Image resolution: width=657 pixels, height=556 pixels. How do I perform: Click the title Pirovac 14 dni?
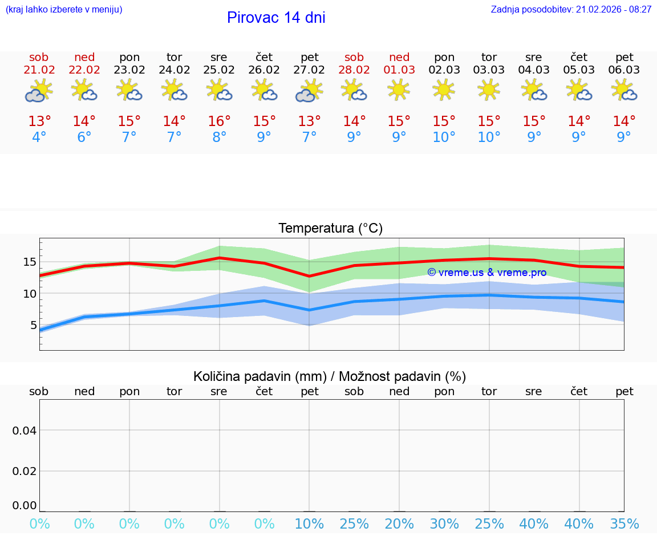[x=276, y=18]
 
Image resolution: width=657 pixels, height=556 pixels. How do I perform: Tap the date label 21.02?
[x=39, y=70]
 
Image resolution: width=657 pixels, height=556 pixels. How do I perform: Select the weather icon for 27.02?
[x=309, y=91]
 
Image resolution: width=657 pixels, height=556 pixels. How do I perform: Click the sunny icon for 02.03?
[x=444, y=90]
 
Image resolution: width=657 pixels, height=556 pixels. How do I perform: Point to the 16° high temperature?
[x=219, y=121]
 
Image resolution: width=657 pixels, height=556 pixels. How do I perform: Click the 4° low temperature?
[x=39, y=137]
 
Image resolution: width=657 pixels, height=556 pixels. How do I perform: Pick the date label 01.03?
[x=399, y=70]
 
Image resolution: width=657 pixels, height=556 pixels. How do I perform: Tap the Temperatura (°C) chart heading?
[x=330, y=229]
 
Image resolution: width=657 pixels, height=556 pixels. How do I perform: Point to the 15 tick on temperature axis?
[x=30, y=262]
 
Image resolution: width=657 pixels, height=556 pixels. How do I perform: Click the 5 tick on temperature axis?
[x=33, y=325]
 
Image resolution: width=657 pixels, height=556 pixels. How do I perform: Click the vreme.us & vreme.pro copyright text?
[x=486, y=273]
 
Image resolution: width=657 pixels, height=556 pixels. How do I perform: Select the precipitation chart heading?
[x=330, y=376]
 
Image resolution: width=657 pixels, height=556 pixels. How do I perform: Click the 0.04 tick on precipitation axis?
[x=25, y=430]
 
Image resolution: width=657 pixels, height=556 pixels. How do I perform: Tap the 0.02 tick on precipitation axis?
[x=25, y=471]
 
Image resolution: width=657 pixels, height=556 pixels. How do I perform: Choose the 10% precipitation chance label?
[x=309, y=524]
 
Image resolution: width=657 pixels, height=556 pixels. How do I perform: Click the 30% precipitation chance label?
[x=444, y=524]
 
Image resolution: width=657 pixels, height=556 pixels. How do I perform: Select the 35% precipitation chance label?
[x=624, y=524]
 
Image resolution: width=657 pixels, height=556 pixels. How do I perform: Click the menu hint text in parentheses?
[x=64, y=10]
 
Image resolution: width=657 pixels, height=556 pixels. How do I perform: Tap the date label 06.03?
[x=624, y=70]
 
